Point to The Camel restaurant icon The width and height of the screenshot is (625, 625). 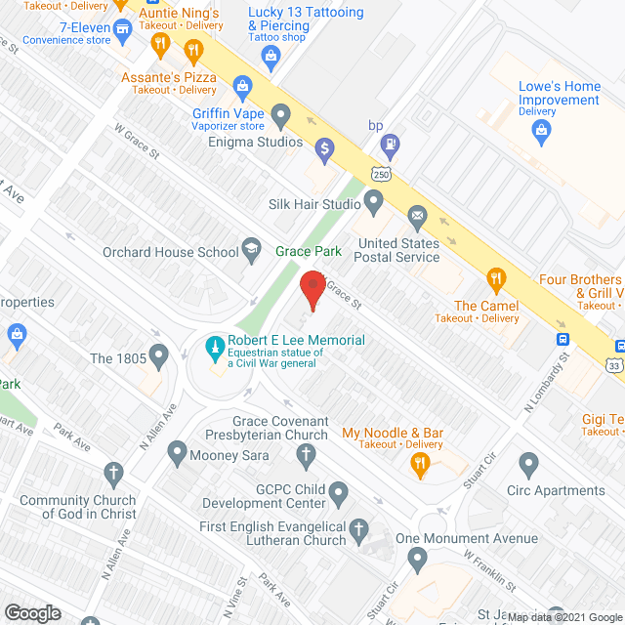[495, 280]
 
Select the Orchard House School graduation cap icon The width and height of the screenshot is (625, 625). [252, 250]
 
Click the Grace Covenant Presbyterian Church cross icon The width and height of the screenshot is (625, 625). [306, 454]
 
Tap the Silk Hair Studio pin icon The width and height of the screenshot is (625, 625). [373, 203]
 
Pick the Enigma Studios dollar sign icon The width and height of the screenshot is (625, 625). [325, 147]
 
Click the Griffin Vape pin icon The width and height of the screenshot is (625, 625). [281, 119]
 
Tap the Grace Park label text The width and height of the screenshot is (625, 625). [308, 251]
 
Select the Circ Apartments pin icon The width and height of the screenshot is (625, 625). [529, 464]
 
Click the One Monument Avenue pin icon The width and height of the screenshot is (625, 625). [417, 560]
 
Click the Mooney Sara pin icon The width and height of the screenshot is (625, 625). [177, 452]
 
